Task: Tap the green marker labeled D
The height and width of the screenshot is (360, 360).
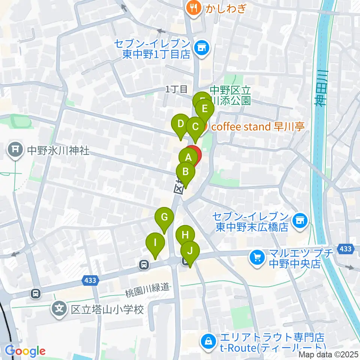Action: click(181, 124)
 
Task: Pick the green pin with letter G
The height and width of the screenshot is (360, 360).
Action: click(164, 217)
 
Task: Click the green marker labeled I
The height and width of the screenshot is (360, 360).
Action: click(155, 242)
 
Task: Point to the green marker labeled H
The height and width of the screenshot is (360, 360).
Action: click(185, 235)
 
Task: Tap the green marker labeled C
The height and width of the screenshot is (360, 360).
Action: click(195, 126)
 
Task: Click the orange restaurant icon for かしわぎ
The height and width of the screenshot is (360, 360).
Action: click(193, 8)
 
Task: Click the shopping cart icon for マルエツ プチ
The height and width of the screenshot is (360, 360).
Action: click(257, 258)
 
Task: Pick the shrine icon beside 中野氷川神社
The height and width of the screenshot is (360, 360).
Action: click(15, 150)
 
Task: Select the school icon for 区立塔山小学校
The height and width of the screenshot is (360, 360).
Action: click(59, 310)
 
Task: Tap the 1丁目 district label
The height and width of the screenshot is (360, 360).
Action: click(176, 89)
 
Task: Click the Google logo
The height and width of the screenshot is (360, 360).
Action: click(25, 351)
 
